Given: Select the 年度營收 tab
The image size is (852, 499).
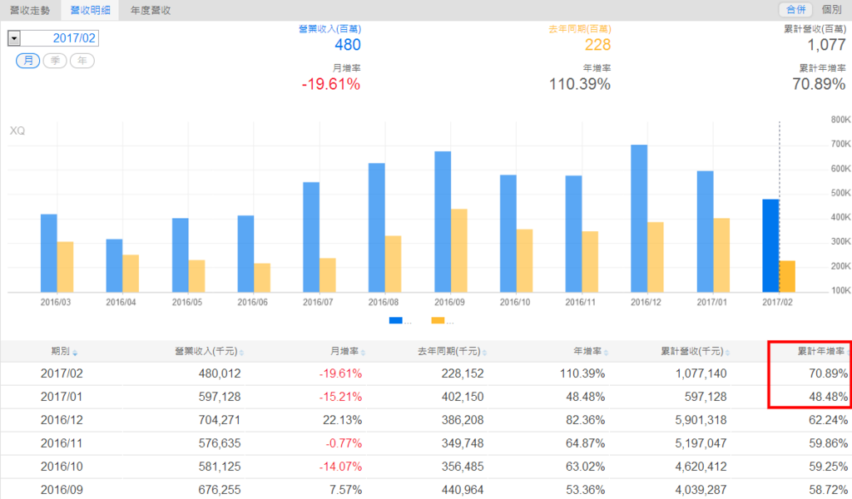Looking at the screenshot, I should [151, 10].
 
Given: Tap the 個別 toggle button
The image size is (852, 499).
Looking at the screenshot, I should [830, 9].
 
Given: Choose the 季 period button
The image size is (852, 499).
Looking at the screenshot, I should [55, 61].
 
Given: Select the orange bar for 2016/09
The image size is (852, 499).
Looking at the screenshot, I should [458, 250].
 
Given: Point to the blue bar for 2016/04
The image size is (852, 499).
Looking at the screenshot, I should [114, 265].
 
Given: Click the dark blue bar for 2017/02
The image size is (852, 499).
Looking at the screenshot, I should [770, 245].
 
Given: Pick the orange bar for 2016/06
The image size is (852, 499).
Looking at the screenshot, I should [262, 277].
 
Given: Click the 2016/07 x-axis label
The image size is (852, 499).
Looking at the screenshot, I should [319, 302].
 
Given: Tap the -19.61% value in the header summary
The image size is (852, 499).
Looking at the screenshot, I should [330, 84].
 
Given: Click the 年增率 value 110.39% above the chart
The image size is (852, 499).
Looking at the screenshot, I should [580, 84].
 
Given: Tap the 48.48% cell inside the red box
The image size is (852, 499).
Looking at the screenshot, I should [824, 397].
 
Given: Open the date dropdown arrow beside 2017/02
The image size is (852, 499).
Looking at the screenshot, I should [13, 38].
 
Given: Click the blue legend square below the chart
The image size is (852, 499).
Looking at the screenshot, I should [394, 320].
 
